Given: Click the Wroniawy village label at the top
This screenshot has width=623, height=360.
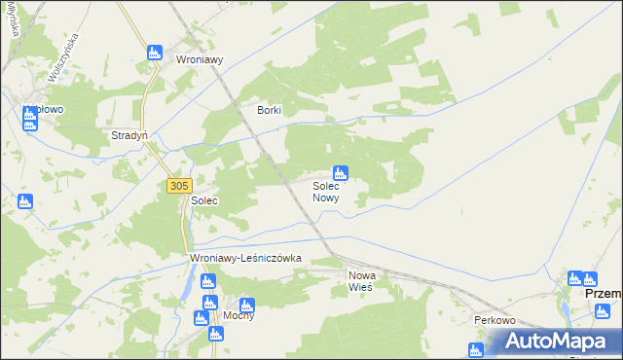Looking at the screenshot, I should tap(200, 58).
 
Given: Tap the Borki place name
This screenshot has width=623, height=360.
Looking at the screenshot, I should tap(269, 110).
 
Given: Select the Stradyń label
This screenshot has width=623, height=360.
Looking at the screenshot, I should tap(129, 135).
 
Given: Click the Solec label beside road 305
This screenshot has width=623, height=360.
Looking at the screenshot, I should tap(203, 199).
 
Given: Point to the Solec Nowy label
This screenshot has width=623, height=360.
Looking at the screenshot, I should tap(325, 191).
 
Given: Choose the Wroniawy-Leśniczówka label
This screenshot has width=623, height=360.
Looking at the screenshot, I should tap(246, 258).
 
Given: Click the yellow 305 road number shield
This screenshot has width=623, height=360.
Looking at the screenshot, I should tap(179, 185).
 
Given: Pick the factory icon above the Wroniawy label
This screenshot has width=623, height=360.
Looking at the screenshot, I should tap(154, 53).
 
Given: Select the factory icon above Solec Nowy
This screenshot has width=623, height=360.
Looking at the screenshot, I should tap(341, 172).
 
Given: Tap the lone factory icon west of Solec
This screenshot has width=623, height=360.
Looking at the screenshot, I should tap(25, 201).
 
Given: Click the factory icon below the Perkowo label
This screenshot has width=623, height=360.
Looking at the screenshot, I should tap(476, 349).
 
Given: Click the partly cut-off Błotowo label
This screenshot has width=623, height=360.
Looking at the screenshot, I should tap(45, 110).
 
